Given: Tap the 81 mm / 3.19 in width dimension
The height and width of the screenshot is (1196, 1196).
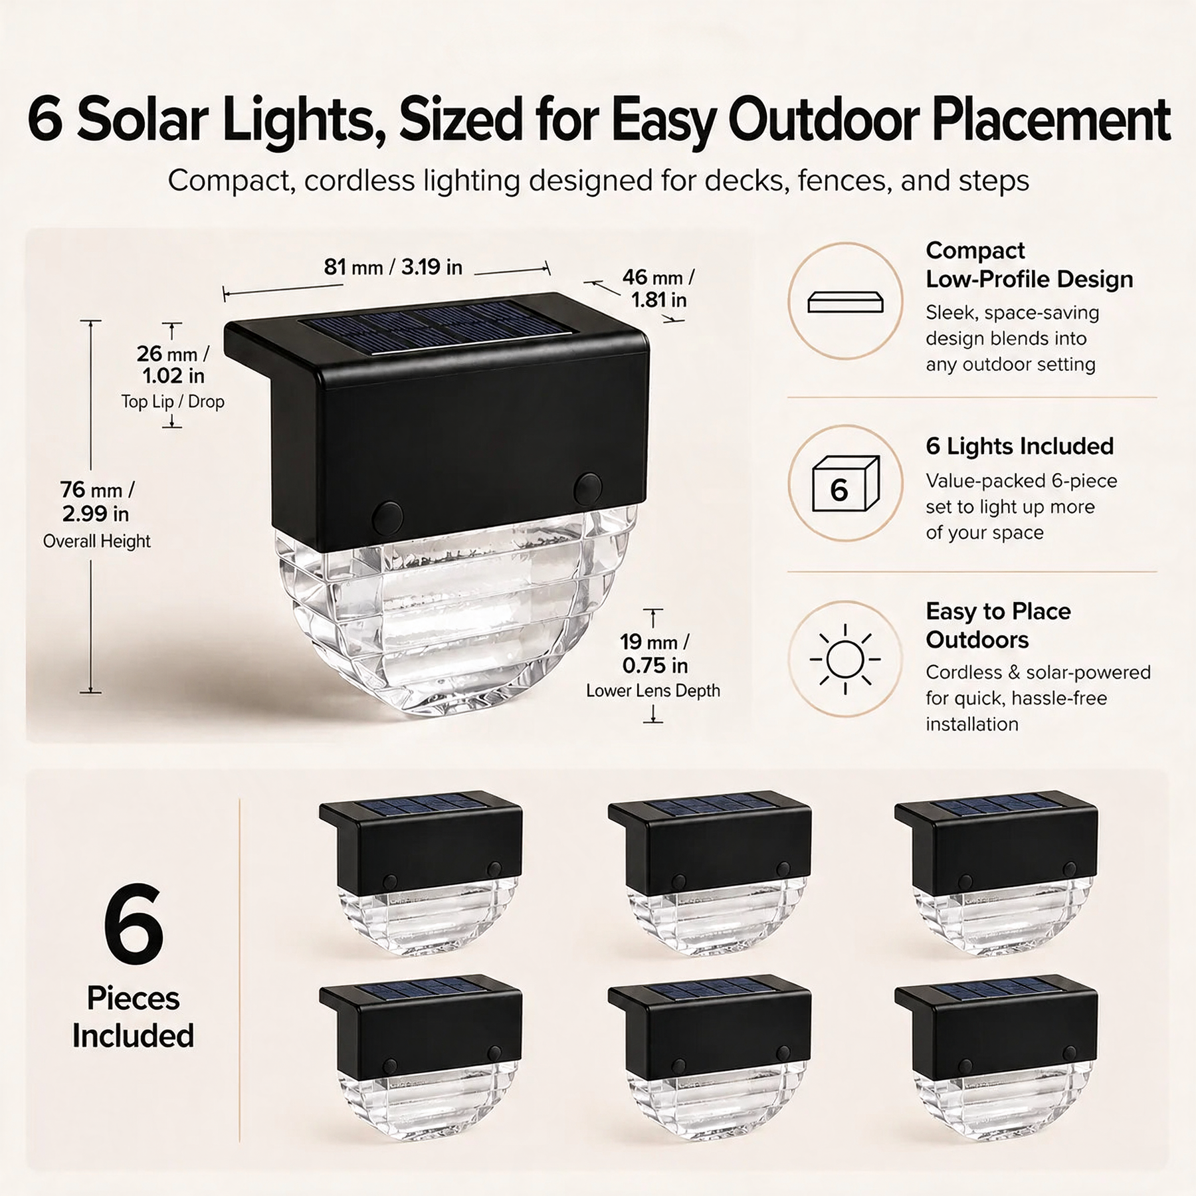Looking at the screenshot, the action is [x=393, y=267].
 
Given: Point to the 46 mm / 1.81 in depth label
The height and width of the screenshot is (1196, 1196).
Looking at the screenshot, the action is [x=658, y=288].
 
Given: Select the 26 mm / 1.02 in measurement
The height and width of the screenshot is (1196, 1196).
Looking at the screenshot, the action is [x=173, y=365].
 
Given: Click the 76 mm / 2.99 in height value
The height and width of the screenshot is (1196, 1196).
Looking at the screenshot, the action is [x=96, y=502].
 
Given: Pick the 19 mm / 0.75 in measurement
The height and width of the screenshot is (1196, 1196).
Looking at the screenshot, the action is [x=654, y=653].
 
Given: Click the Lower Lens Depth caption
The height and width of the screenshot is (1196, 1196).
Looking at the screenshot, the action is [x=652, y=691].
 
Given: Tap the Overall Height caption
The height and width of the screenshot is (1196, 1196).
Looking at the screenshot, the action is [x=97, y=542].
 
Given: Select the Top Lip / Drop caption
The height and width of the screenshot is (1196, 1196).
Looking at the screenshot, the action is [x=173, y=402].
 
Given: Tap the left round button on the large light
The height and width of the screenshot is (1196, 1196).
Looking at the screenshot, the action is [x=387, y=517].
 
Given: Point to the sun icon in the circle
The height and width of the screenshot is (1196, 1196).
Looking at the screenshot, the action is [x=845, y=659].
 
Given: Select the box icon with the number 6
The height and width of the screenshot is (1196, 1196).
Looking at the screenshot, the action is [x=846, y=483].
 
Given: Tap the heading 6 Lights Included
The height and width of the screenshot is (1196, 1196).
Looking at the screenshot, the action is [x=1019, y=446].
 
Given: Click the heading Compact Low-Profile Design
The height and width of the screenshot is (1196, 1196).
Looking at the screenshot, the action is [x=1029, y=264].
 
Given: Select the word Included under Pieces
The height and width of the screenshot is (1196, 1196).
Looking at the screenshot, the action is [x=133, y=1036].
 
